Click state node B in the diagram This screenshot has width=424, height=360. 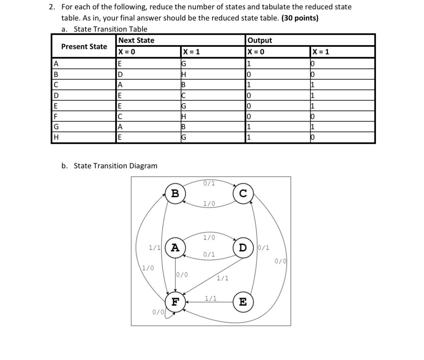pos(175,193)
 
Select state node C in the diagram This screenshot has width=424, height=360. pos(243,193)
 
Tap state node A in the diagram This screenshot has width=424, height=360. pos(175,247)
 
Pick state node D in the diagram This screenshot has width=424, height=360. pos(243,247)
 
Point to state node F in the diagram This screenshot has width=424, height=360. pos(175,302)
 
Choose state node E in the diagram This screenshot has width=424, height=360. pos(243,302)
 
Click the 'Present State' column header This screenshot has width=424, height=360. pos(84,47)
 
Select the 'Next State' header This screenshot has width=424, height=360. pos(136,40)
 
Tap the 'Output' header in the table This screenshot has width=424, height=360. pos(260,40)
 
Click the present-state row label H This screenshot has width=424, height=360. pos(56,138)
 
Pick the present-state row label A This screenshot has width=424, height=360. pos(56,63)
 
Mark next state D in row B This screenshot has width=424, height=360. pos(120,74)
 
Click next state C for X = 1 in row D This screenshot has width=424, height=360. pos(184,96)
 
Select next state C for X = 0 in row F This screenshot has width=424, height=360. pos(120,116)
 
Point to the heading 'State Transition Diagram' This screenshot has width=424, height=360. pos(115,166)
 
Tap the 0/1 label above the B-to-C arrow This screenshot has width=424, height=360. pos(209,183)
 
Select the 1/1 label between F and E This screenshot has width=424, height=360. pos(211,298)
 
